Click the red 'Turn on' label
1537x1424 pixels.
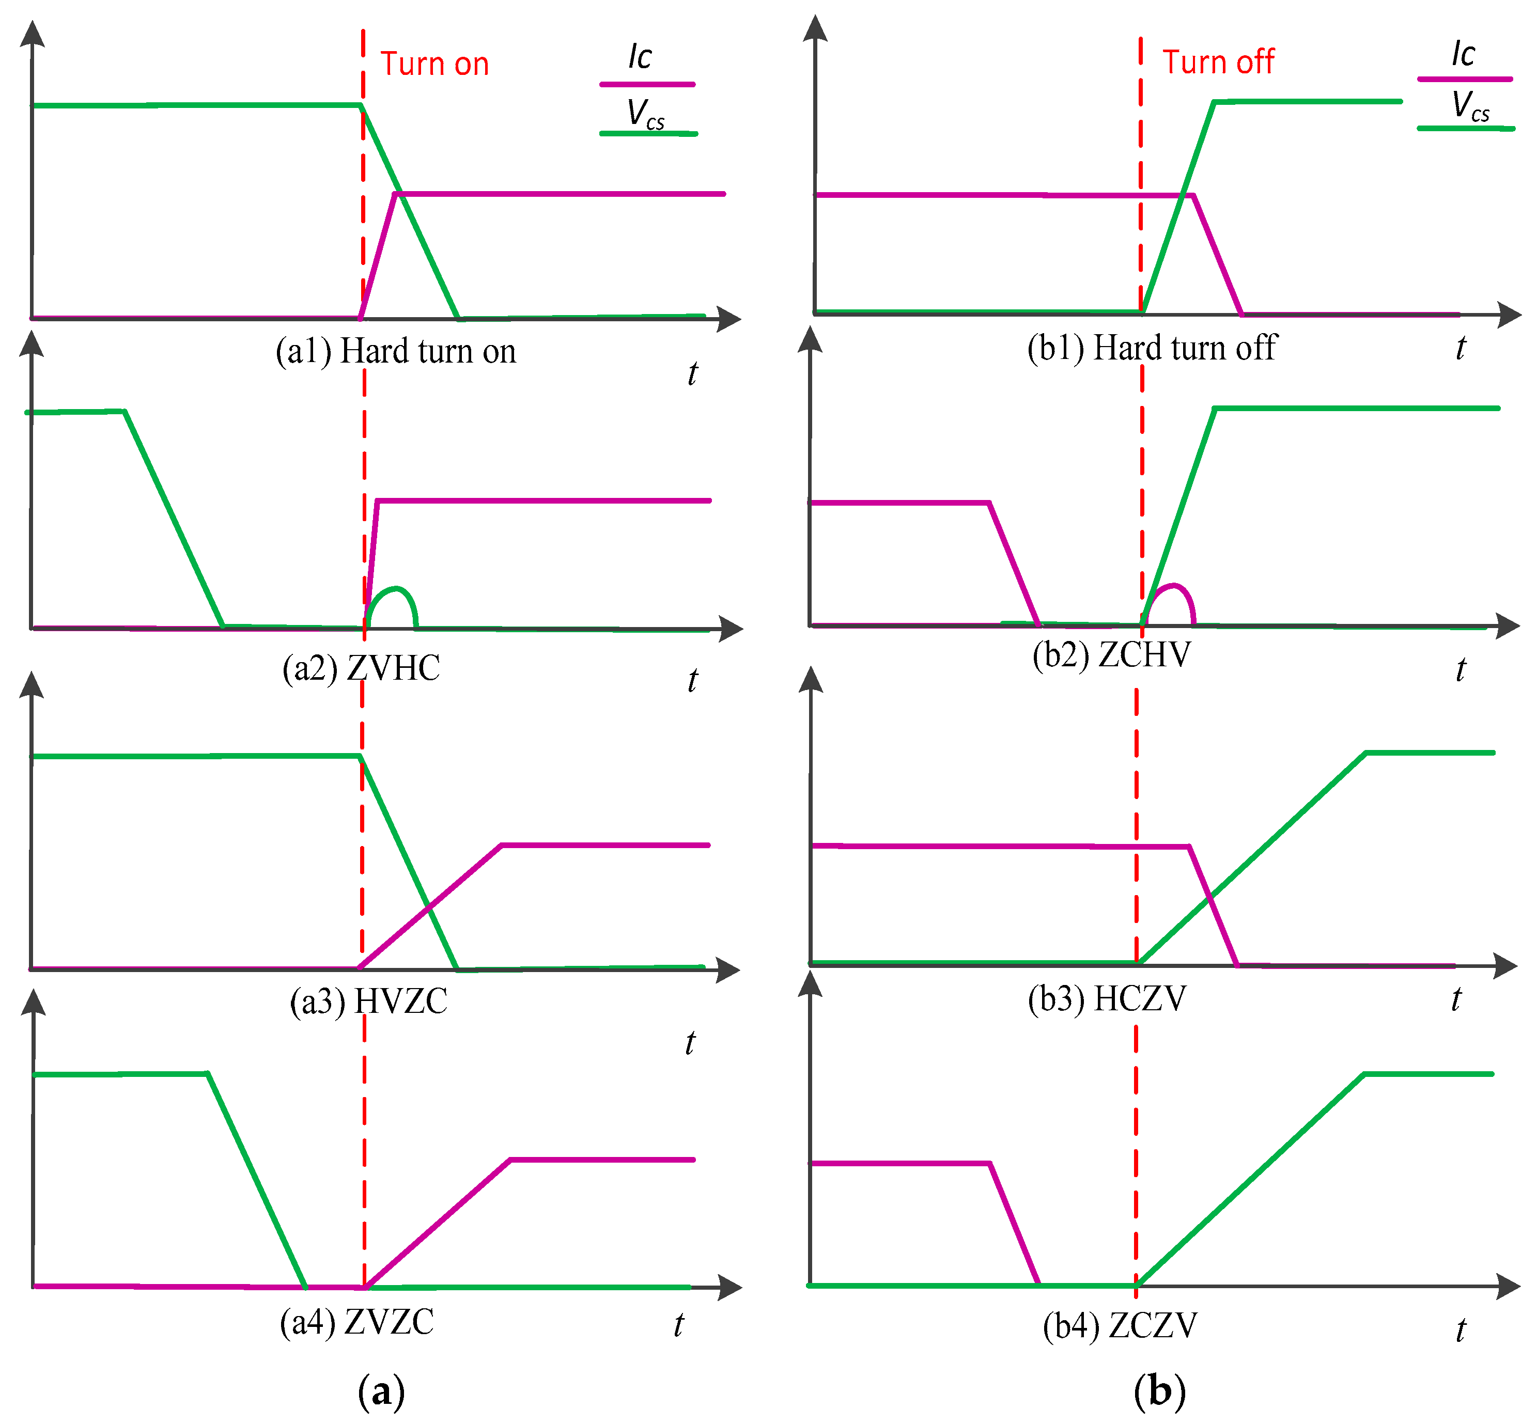[x=434, y=64]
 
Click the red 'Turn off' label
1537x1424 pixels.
[x=1218, y=61]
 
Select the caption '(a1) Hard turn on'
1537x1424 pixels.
[x=395, y=351]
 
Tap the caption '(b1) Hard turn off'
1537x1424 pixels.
[x=1152, y=348]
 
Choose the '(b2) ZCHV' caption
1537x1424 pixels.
[x=1111, y=655]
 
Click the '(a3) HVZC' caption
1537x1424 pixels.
[x=368, y=1002]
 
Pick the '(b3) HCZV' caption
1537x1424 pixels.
[x=1107, y=998]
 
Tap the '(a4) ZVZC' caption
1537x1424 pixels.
[x=357, y=1322]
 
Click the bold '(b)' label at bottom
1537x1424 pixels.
[x=1159, y=1391]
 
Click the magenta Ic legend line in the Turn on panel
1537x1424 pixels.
[x=647, y=84]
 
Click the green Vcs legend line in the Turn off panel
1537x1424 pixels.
[x=1465, y=128]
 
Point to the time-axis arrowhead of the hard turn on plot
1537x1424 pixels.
[x=729, y=318]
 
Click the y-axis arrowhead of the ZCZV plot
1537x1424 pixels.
[x=810, y=985]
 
